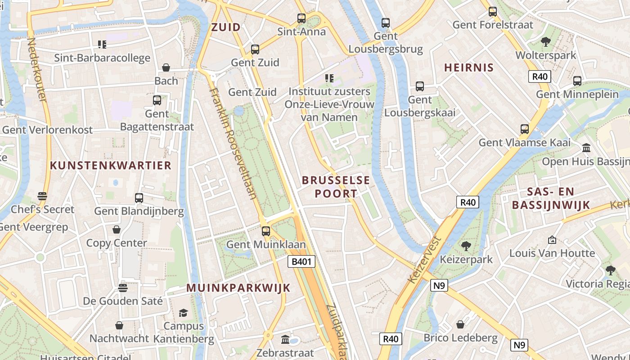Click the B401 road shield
pos(301,261)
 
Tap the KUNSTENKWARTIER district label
pos(111,165)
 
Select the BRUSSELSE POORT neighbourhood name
pos(336,187)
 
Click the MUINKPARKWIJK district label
pos(238,288)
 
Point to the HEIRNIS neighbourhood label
pos(469,68)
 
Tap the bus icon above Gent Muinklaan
pos(266,231)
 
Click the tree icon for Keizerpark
pos(466,246)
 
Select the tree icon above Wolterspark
pos(545,42)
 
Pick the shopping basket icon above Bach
pos(166,67)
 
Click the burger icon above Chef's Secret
pos(42,196)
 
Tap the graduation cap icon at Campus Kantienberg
pos(183,313)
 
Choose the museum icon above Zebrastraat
pos(285,339)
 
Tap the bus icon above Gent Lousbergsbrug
pos(386,22)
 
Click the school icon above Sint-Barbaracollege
pos(102,45)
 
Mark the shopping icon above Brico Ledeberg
pos(460,324)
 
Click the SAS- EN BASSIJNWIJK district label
pos(551,198)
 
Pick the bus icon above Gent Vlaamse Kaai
pos(524,129)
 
